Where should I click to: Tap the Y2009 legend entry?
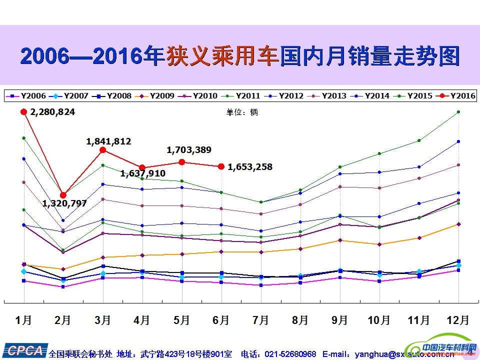coord(155,95)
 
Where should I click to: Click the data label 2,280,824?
coord(52,112)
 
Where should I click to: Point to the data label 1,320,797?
coord(64,203)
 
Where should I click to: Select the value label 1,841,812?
coord(108,141)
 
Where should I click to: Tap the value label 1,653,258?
coord(250,167)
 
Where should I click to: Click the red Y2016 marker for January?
coord(23,112)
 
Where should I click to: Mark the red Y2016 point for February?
coord(63,195)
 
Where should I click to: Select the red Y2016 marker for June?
coord(221,166)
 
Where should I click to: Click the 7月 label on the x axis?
coord(261,320)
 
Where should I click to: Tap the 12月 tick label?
coord(457,320)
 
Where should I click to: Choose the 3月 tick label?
coord(103,320)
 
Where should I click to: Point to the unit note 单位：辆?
coord(242,112)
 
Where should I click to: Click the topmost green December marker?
coord(458,112)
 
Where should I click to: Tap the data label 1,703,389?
coord(189,149)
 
